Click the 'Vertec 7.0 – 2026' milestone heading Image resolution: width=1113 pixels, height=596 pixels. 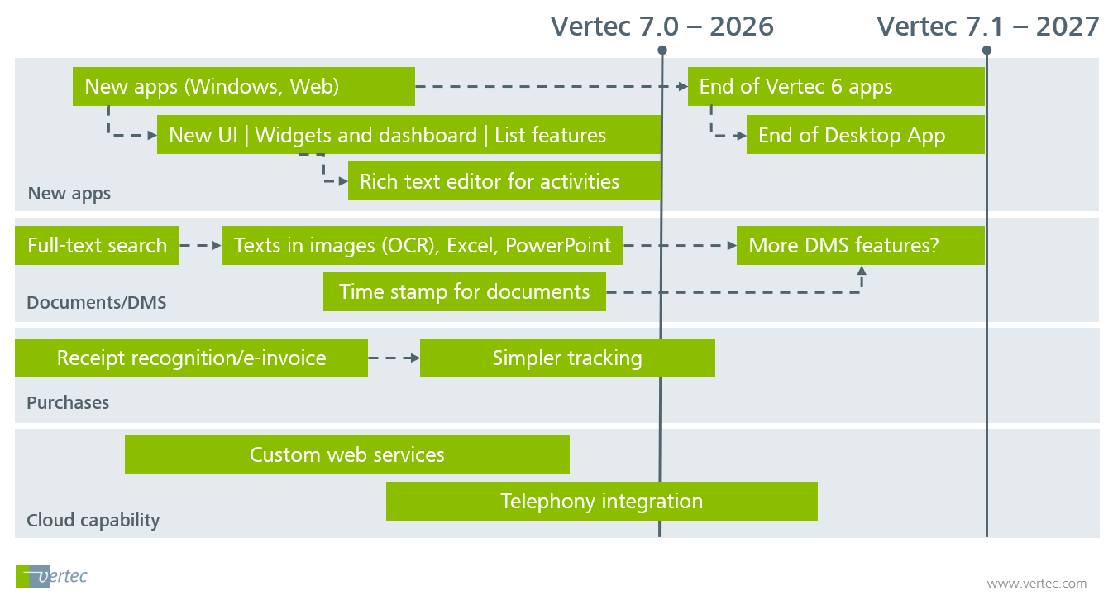pos(662,26)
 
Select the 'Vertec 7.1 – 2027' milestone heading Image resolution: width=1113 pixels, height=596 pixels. pos(988,26)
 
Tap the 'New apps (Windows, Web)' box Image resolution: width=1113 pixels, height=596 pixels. pos(243,87)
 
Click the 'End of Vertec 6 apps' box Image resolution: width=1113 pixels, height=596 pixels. pos(835,87)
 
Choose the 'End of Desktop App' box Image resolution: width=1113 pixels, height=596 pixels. pos(865,135)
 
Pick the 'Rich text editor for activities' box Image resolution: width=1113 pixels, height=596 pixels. pos(504,181)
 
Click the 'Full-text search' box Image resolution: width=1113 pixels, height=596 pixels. pos(97,246)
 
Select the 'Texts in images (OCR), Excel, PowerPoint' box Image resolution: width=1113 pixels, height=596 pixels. pos(422,246)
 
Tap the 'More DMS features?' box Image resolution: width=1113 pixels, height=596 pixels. pos(860,246)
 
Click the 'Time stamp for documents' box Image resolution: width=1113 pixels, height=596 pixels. pos(464,292)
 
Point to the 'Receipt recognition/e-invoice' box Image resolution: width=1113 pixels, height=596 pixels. pos(191,358)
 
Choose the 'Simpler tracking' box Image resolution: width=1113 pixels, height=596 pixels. pos(566,358)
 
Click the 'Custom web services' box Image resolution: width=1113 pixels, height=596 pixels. pos(346,455)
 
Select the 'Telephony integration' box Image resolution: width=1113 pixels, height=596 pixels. pos(601,502)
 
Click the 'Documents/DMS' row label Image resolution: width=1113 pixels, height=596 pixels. pos(96,303)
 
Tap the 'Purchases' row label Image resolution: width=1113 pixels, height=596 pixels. pos(68,403)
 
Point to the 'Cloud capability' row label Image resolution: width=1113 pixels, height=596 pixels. pos(93,521)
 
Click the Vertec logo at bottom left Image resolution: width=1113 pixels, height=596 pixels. pos(51,576)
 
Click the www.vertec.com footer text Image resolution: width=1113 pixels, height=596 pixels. pos(1036,584)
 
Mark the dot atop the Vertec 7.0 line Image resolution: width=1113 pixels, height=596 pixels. pos(662,50)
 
